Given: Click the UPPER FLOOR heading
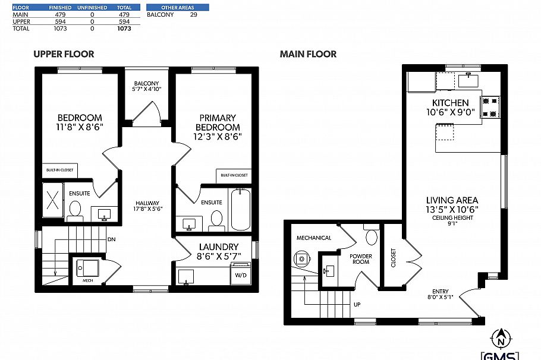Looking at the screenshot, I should [x=64, y=54].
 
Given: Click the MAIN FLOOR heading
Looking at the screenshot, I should [x=308, y=54].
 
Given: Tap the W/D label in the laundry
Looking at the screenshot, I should [x=241, y=275].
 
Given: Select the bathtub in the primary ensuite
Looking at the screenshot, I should [x=240, y=209].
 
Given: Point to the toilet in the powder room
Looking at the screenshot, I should [x=372, y=237].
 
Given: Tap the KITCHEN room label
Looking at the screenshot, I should [x=451, y=103].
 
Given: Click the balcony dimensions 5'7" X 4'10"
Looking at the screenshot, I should [x=147, y=89].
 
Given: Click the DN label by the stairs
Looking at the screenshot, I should [x=111, y=239].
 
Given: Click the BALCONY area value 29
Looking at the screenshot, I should [x=193, y=15].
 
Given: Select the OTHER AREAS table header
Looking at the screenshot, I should [x=178, y=8].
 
